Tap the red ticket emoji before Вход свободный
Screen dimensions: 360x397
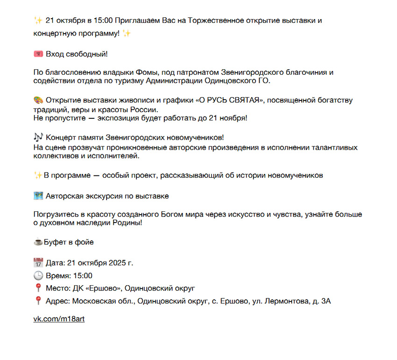[x=38, y=54]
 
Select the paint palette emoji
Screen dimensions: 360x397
[x=38, y=101]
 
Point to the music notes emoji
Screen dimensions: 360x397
[x=38, y=137]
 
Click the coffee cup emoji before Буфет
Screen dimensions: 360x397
[x=38, y=242]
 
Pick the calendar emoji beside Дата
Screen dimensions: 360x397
[x=38, y=263]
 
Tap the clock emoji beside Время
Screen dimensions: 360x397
[x=38, y=275]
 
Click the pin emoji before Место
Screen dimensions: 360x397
[x=38, y=288]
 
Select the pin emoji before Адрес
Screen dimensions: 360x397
[x=38, y=301]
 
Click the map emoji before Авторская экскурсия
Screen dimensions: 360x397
[x=38, y=196]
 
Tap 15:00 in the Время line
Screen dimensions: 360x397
[x=82, y=275]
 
